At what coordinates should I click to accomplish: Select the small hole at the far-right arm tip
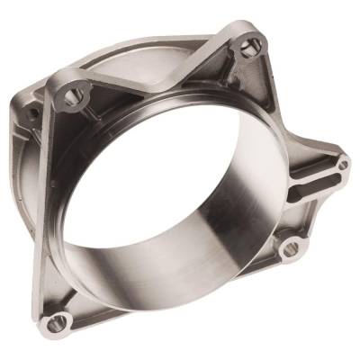click(x=343, y=165)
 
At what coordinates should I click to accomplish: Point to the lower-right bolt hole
click(x=291, y=247)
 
